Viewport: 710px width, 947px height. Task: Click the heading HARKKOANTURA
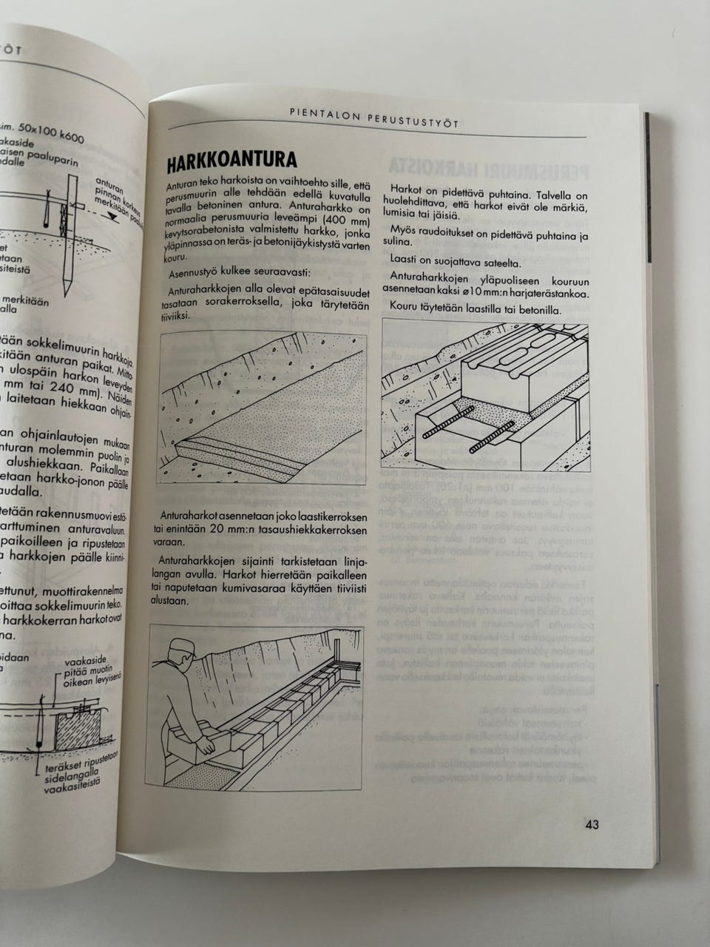tap(231, 161)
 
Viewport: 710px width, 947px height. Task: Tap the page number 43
tap(592, 824)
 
